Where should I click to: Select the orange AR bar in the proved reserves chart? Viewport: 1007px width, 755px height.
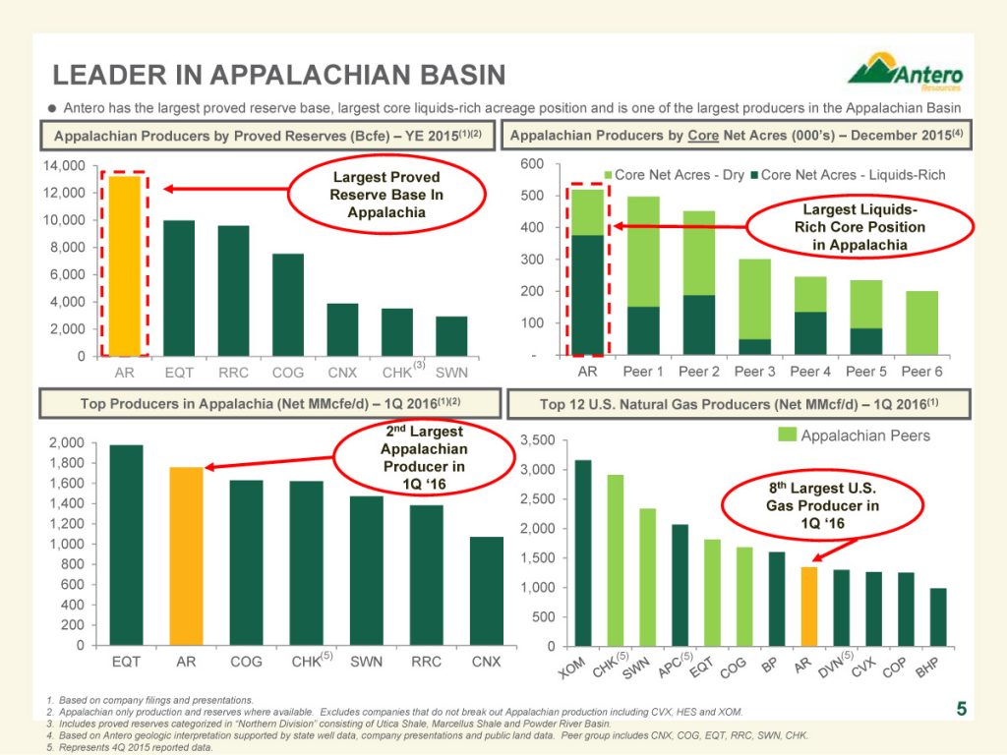click(125, 265)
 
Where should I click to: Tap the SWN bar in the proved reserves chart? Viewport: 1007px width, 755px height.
click(451, 335)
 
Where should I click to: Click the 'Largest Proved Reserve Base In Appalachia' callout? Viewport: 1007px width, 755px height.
click(387, 195)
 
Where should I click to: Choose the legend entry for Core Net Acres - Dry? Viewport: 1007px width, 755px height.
click(676, 175)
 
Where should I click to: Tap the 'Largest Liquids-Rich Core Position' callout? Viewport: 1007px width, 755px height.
click(860, 227)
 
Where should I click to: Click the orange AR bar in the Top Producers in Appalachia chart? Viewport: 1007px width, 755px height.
click(186, 556)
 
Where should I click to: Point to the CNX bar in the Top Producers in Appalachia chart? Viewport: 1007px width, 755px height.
click(486, 591)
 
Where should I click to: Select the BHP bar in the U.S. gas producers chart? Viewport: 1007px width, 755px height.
click(939, 616)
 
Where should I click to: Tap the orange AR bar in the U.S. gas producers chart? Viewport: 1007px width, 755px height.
click(808, 606)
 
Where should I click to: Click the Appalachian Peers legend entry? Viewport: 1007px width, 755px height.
click(855, 436)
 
